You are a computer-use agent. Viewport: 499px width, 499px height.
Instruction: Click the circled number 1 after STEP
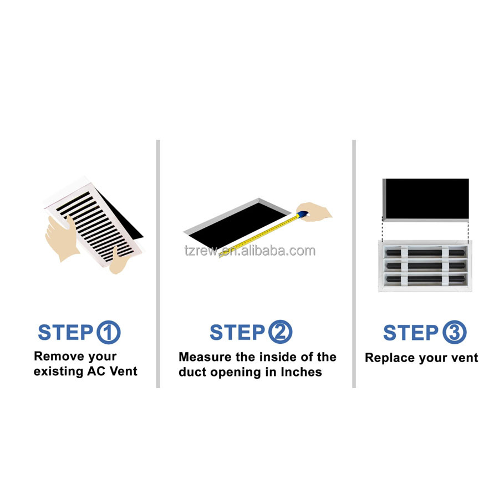pyautogui.click(x=108, y=332)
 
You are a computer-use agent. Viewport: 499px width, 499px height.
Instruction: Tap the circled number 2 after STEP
pyautogui.click(x=280, y=332)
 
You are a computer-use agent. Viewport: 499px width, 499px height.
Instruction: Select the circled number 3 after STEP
pyautogui.click(x=455, y=332)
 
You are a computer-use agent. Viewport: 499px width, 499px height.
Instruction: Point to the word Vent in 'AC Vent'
pyautogui.click(x=124, y=371)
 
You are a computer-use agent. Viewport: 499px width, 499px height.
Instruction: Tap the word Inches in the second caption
pyautogui.click(x=301, y=371)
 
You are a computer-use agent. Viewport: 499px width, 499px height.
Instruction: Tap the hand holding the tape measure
pyautogui.click(x=314, y=211)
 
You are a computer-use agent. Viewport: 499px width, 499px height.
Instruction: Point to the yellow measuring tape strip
pyautogui.click(x=259, y=236)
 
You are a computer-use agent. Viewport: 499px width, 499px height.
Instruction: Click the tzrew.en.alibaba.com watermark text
pyautogui.click(x=250, y=251)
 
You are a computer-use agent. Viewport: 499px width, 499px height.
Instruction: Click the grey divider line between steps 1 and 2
pyautogui.click(x=158, y=264)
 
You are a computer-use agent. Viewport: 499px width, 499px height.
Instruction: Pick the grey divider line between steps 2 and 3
pyautogui.click(x=354, y=264)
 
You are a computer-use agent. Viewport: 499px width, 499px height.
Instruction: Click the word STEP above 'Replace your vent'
pyautogui.click(x=410, y=333)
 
